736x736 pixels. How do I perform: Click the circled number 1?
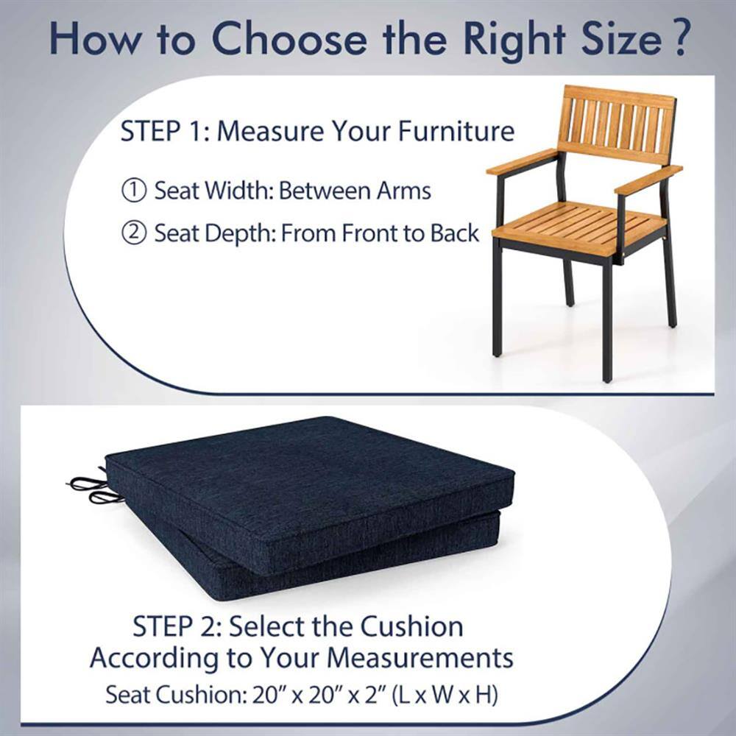(x=133, y=191)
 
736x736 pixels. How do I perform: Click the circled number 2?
(x=133, y=234)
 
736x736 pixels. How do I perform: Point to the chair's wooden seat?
(x=581, y=224)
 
